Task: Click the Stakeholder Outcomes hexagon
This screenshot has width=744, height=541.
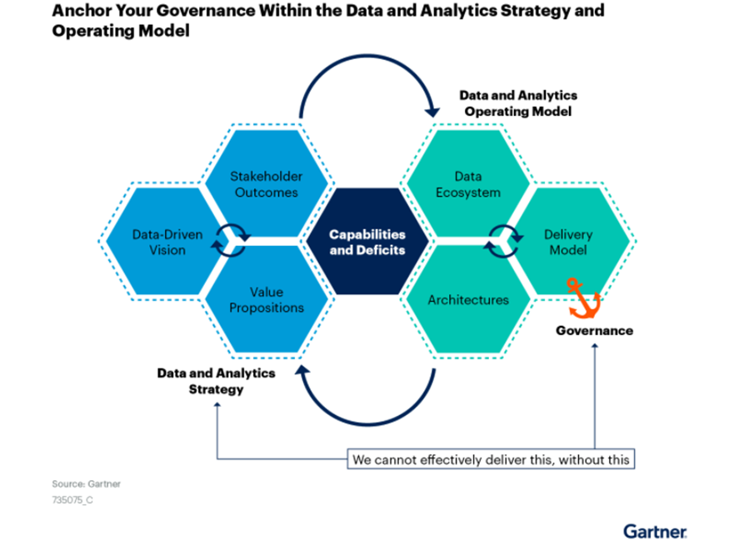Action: click(x=266, y=183)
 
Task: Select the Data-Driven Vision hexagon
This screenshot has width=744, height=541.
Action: click(x=162, y=241)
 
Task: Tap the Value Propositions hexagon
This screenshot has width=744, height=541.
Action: click(x=266, y=299)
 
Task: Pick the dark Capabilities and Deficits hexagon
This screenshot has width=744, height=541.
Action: click(x=367, y=242)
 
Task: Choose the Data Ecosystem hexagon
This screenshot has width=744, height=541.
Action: click(x=468, y=183)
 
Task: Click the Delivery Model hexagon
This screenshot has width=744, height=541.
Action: click(x=569, y=241)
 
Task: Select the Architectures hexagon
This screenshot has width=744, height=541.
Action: click(x=468, y=299)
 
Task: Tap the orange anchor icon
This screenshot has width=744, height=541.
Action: click(x=584, y=298)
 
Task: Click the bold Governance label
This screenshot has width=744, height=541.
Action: click(x=594, y=330)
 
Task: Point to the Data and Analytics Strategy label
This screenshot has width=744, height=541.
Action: click(x=217, y=381)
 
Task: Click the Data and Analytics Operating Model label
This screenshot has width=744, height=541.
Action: click(x=518, y=103)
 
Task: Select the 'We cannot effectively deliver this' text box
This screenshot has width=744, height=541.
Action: click(x=491, y=459)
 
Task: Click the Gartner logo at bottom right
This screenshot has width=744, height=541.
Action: click(x=655, y=532)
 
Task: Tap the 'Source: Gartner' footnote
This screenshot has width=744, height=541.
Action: click(x=87, y=484)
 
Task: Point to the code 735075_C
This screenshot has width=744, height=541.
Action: click(x=72, y=499)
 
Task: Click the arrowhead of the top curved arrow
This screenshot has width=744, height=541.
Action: click(x=432, y=112)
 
